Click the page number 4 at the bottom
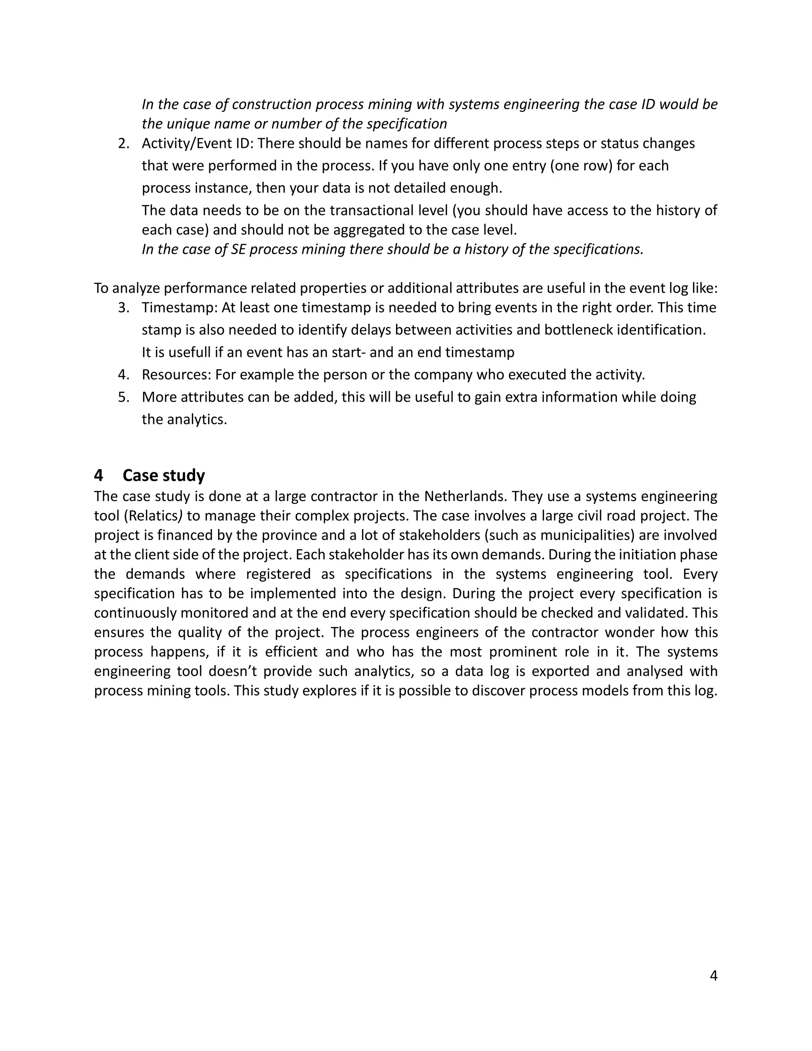coord(713,976)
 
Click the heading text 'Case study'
coord(164,476)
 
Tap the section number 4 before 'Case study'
coord(99,476)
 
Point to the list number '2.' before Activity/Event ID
coord(124,144)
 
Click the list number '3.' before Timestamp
coord(124,307)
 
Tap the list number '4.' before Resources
coord(124,374)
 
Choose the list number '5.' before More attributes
coord(124,397)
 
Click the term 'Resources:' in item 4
coord(176,374)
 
